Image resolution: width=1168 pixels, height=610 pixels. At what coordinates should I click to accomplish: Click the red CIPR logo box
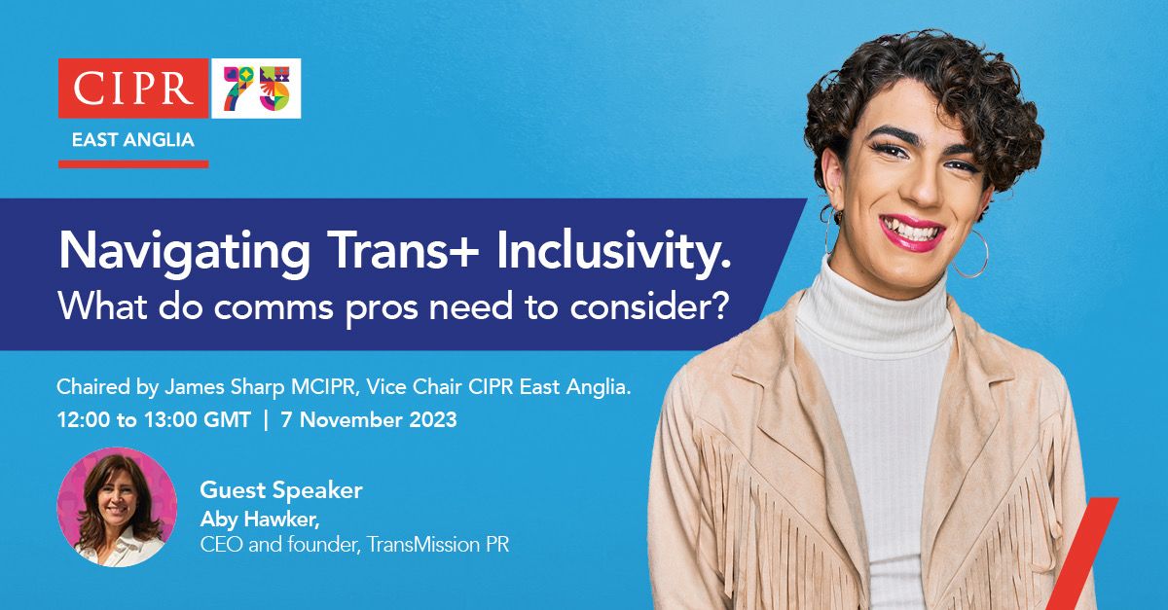point(132,89)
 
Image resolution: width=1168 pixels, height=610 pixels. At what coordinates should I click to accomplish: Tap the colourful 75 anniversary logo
point(256,89)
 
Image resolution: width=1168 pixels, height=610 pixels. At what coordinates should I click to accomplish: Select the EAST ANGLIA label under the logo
point(132,139)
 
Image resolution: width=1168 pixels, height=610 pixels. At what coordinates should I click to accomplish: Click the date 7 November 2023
point(368,421)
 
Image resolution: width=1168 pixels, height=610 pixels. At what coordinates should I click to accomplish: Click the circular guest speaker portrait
point(117,507)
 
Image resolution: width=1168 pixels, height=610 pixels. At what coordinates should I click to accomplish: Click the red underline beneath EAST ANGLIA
point(132,163)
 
